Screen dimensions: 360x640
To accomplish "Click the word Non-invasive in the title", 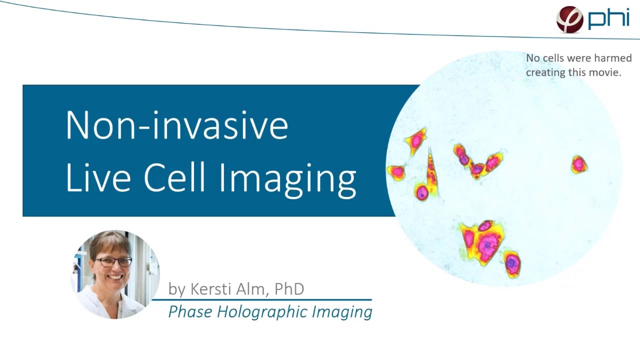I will pos(176,125).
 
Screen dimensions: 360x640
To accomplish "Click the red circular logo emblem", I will pos(570,19).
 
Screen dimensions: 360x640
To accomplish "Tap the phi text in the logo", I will pos(608,19).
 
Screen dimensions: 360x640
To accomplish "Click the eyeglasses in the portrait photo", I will pos(113,261).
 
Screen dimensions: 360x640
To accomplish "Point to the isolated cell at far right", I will pos(579,164).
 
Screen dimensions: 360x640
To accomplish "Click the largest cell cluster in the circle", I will pos(482,241).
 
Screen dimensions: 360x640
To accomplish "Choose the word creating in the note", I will pos(546,72).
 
